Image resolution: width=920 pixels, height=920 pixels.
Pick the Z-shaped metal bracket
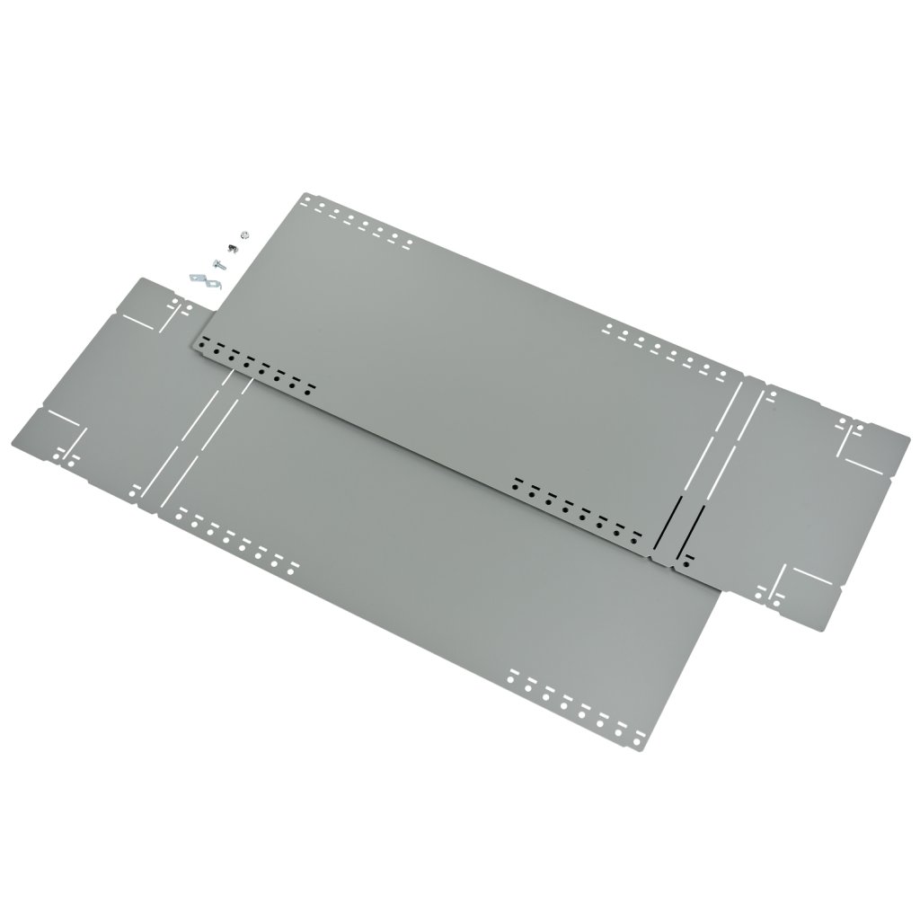click(x=204, y=279)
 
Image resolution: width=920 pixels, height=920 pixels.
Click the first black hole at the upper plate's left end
click(x=204, y=341)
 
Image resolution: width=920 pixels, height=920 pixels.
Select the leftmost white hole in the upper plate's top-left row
click(x=315, y=203)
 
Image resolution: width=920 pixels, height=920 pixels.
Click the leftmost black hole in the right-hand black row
click(x=515, y=482)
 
